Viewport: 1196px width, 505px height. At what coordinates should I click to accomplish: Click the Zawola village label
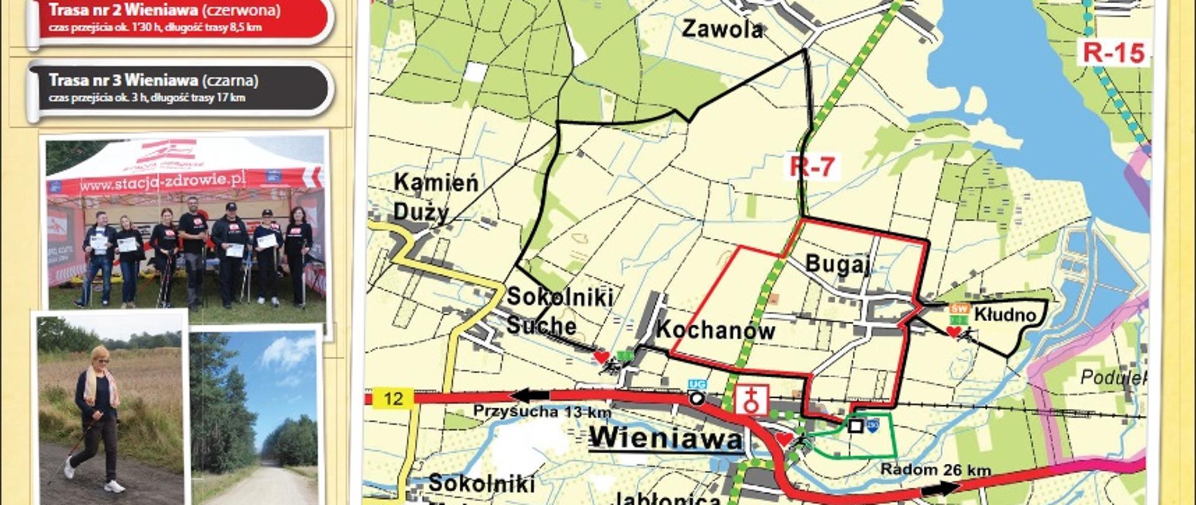(x=722, y=29)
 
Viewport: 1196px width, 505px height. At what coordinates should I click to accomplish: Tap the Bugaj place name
(x=837, y=264)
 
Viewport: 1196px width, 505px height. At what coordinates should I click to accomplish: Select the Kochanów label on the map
(x=715, y=330)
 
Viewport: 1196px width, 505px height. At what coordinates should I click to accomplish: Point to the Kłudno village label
(x=1004, y=315)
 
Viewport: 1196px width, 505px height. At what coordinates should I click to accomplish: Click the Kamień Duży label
(x=435, y=197)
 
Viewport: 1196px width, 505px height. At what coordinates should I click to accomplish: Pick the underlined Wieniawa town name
(x=666, y=438)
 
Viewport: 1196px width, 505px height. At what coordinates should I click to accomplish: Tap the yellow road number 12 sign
(x=393, y=398)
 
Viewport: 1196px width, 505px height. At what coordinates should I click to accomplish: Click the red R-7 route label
(x=812, y=166)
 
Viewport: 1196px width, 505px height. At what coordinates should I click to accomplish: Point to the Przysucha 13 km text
(x=542, y=412)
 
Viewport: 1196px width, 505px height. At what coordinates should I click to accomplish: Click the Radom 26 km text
(x=935, y=470)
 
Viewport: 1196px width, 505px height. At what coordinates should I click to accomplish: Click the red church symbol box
(x=751, y=400)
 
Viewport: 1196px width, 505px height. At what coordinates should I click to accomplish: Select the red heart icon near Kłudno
(x=952, y=332)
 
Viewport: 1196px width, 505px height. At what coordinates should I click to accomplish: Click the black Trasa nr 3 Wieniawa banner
(x=181, y=87)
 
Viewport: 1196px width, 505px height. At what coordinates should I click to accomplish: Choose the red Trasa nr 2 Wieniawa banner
(x=181, y=19)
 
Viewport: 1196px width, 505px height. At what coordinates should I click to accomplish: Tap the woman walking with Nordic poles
(x=97, y=418)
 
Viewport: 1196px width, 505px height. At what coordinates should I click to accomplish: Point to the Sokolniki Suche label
(x=559, y=311)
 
